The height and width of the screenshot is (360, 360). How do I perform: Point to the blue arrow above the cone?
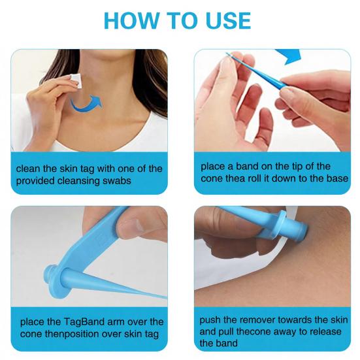pos(287,57)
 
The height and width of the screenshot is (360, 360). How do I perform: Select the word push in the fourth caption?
pos(210,321)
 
